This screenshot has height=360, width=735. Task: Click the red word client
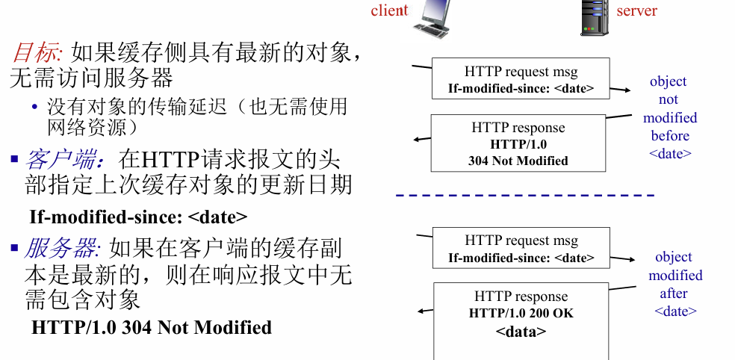(389, 10)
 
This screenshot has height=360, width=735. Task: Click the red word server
(636, 10)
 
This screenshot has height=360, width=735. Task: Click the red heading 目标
(35, 52)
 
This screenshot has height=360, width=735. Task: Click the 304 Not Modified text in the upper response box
(518, 161)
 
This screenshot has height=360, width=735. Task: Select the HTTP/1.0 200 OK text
(521, 313)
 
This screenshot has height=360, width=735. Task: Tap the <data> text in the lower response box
(521, 332)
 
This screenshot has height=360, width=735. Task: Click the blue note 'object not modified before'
(669, 117)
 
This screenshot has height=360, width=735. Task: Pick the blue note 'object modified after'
(674, 284)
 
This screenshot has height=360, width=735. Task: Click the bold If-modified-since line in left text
(138, 217)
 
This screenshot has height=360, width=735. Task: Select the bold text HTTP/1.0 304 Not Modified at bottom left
(152, 327)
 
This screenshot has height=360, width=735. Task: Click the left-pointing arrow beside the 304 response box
(423, 139)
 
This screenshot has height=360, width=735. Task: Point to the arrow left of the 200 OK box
(426, 311)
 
